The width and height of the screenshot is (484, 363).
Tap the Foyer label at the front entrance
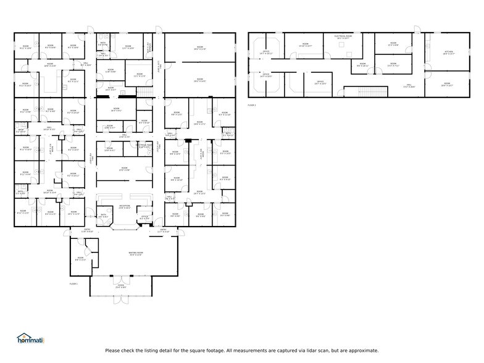coord(120,286)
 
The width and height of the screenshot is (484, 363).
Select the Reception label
coord(124,206)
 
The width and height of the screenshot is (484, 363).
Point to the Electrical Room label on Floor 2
coord(343,37)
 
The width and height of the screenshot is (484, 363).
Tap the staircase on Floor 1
coord(143,91)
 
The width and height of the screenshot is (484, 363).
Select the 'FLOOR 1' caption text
coord(73,283)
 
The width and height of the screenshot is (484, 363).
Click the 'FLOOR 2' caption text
coord(251,106)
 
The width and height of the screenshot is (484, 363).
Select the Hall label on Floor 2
coord(409,86)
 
